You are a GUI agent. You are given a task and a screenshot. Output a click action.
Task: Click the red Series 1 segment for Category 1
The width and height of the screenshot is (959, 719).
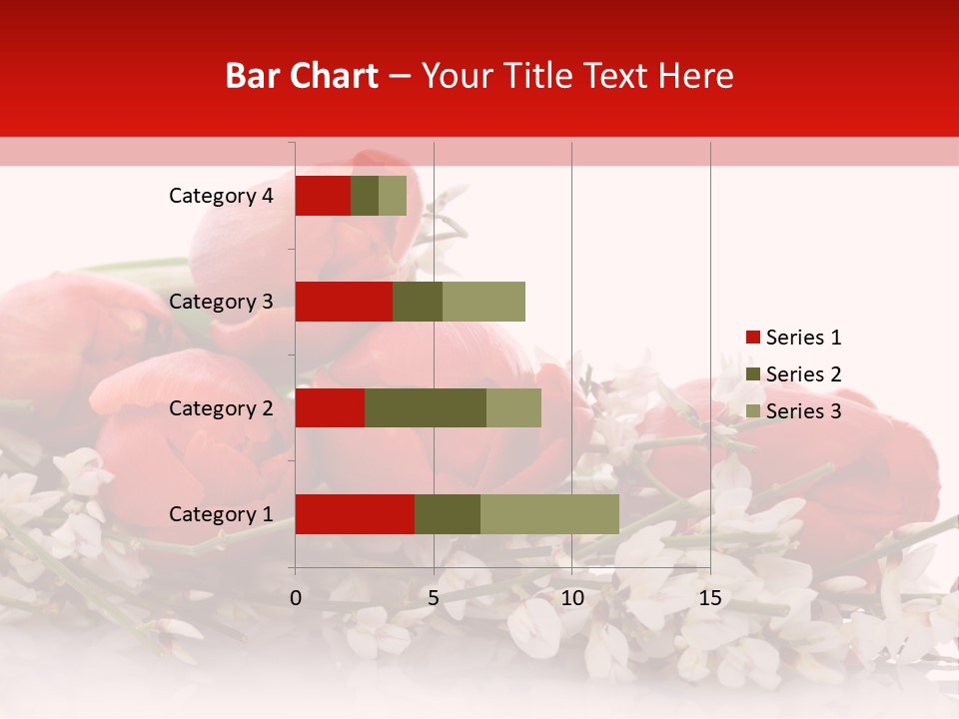click(355, 514)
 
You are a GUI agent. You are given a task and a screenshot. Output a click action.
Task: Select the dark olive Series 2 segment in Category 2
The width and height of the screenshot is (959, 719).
click(426, 407)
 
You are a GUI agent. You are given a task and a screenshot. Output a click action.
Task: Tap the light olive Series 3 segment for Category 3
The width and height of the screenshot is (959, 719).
click(483, 302)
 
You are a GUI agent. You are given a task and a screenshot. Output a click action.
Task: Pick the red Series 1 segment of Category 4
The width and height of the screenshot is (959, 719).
click(323, 196)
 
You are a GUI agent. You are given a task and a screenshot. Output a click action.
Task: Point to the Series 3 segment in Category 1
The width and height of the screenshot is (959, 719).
click(549, 514)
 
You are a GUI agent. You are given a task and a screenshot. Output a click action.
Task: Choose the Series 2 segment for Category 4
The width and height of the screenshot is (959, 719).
click(365, 196)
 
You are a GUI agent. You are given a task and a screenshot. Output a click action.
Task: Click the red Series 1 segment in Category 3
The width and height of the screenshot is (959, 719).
click(344, 302)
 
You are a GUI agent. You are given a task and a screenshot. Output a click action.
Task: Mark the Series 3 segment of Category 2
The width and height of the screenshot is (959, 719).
click(513, 407)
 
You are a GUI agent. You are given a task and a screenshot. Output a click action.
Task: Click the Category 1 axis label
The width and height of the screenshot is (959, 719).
click(221, 514)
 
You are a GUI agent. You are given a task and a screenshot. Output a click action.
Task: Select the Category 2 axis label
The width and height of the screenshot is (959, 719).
click(221, 407)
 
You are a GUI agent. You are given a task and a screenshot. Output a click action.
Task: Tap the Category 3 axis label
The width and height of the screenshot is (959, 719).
click(221, 302)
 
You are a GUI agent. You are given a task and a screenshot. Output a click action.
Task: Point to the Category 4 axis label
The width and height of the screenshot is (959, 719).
click(221, 196)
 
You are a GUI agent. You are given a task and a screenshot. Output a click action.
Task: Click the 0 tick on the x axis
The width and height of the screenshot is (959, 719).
click(296, 598)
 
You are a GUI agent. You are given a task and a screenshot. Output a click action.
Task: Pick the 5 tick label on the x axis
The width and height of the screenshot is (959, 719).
click(434, 598)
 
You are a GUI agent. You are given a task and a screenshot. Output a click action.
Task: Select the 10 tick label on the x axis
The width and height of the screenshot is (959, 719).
click(571, 598)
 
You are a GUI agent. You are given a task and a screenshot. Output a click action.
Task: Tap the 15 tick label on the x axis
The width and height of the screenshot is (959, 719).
click(709, 598)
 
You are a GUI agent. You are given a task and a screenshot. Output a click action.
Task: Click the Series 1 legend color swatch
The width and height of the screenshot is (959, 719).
click(752, 338)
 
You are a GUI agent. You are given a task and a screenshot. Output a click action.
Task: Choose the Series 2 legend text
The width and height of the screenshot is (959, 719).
click(803, 374)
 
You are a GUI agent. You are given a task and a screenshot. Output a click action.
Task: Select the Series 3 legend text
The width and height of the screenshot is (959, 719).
click(803, 411)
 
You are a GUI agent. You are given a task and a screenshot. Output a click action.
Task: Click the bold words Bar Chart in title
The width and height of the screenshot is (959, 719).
click(302, 76)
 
